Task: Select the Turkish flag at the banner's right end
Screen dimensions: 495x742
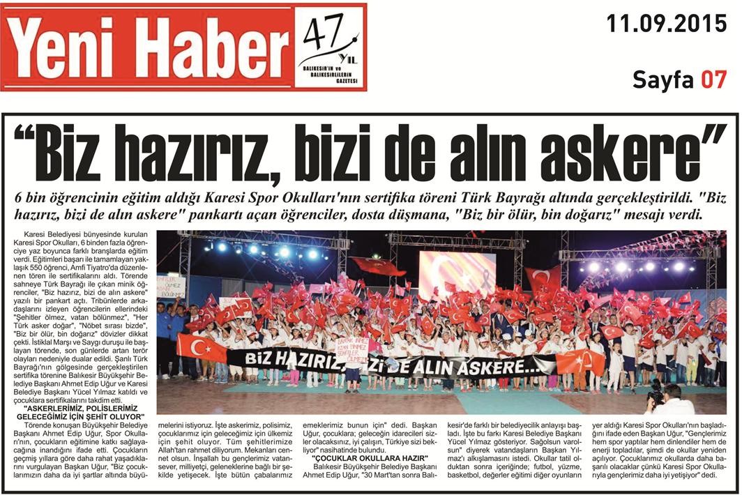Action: click(580, 361)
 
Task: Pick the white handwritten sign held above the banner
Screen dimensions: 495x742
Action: click(353, 347)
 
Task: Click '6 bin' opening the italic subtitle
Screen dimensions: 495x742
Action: click(36, 199)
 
